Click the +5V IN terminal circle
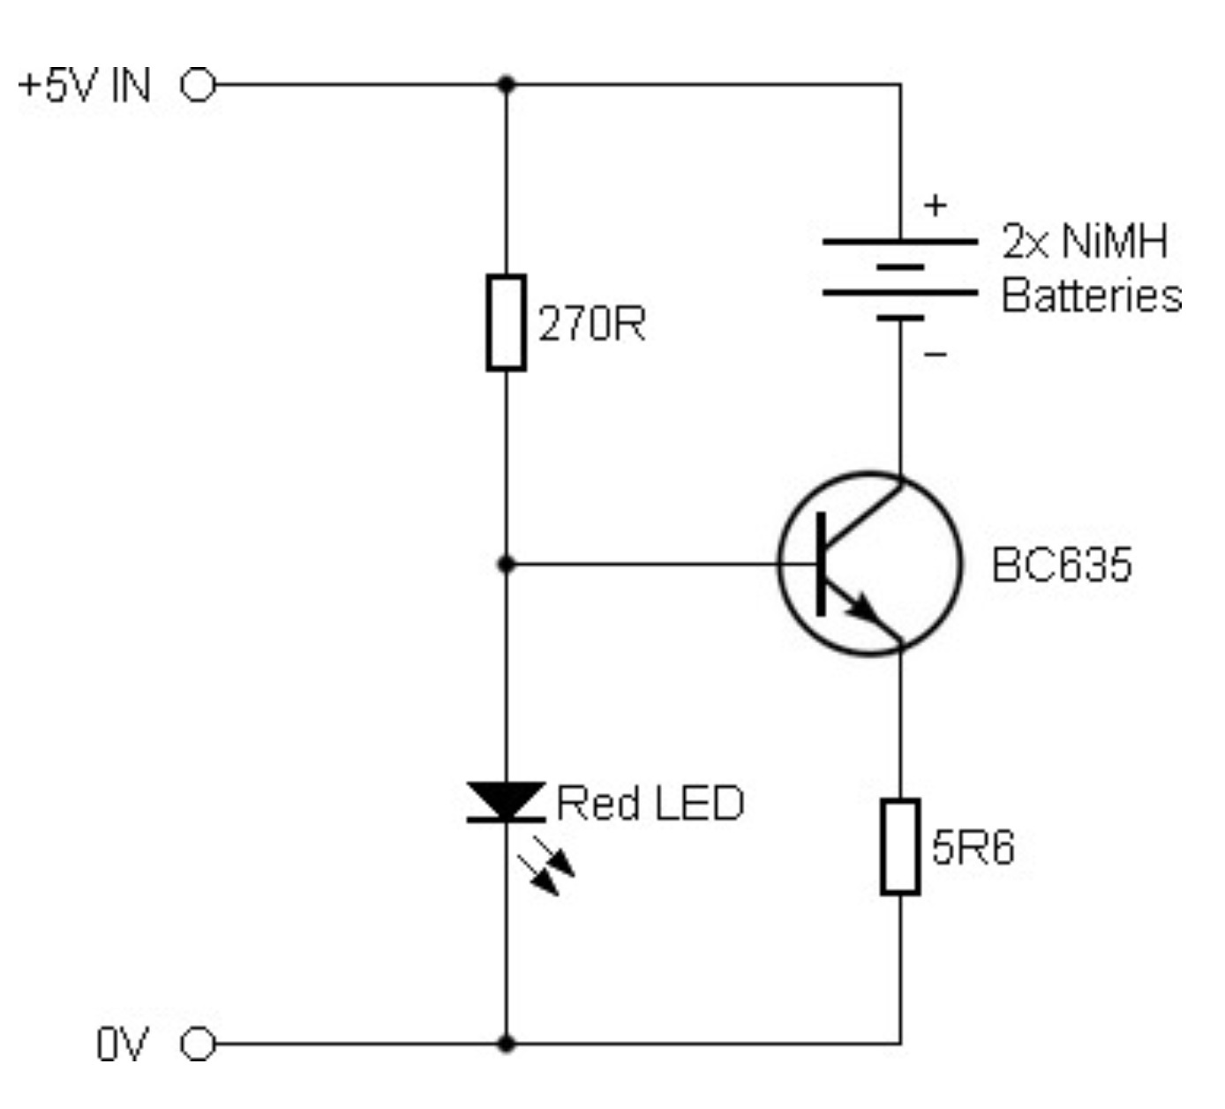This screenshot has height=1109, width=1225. pos(199,86)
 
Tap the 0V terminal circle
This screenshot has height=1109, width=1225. pos(199,1045)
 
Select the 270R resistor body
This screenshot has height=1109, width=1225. pos(506,322)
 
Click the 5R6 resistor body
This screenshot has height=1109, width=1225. pos(900,846)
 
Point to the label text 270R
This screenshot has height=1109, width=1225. pos(591,324)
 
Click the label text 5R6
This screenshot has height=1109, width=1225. pos(973,847)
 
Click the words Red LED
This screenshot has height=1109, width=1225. pos(650,803)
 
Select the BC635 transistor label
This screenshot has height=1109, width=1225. pos(1061,565)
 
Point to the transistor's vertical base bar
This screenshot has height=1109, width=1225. pos(822,564)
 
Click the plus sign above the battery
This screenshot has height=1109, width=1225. pos(935,206)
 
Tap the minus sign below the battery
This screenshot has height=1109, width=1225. pos(936,355)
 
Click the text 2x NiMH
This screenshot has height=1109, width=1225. pos(1085,241)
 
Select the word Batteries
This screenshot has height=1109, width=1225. pos(1091,296)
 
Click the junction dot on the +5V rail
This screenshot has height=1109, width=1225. pos(506,85)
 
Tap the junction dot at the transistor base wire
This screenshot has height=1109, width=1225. pos(506,564)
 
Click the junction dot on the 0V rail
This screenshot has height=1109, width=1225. pos(506,1044)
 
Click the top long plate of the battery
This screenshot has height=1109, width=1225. pos(900,240)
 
